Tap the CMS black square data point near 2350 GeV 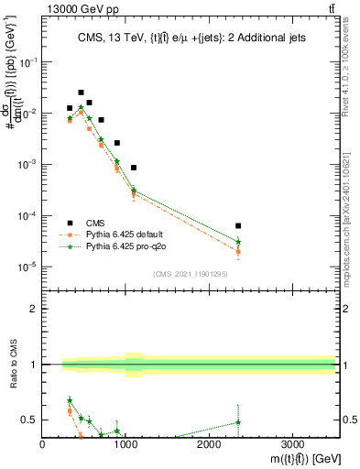(238, 225)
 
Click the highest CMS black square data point (82, 93)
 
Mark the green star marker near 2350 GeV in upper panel (238, 242)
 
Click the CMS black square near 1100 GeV (134, 168)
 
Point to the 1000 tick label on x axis (125, 444)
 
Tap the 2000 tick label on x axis (209, 444)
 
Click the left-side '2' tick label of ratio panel (34, 310)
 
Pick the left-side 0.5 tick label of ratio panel (29, 420)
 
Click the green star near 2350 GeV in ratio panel (238, 422)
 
